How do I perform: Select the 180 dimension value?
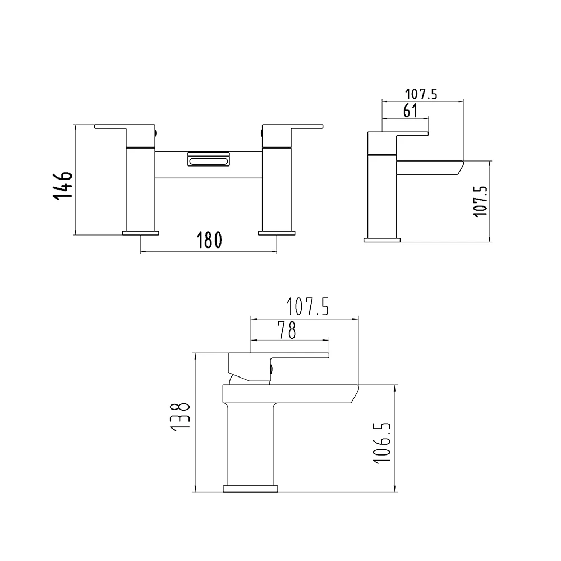(210, 240)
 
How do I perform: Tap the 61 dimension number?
(411, 111)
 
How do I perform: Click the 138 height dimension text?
(183, 416)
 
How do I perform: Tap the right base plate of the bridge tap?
(276, 232)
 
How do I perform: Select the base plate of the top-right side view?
(383, 240)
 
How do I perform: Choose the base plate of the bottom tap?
(251, 488)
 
